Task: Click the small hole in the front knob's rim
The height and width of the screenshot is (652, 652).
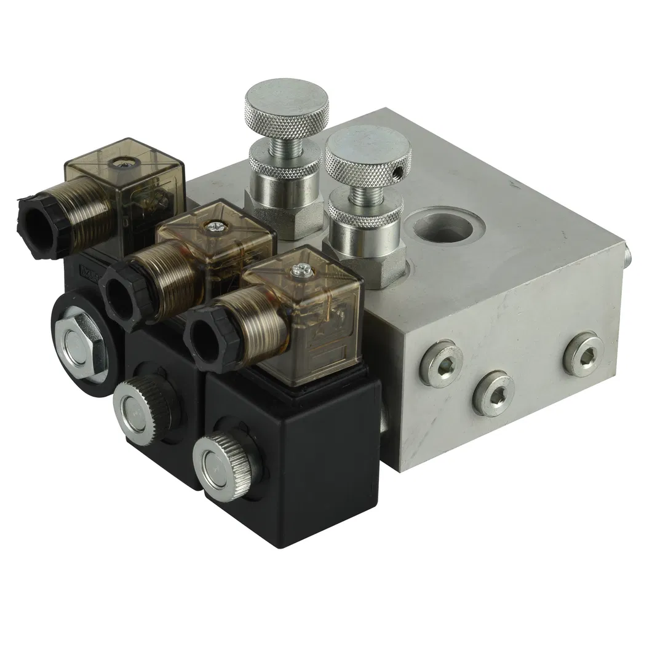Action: (x=402, y=167)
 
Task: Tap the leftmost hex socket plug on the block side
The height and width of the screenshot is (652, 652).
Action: (x=437, y=366)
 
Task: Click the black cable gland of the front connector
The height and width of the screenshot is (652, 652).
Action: (x=206, y=337)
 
